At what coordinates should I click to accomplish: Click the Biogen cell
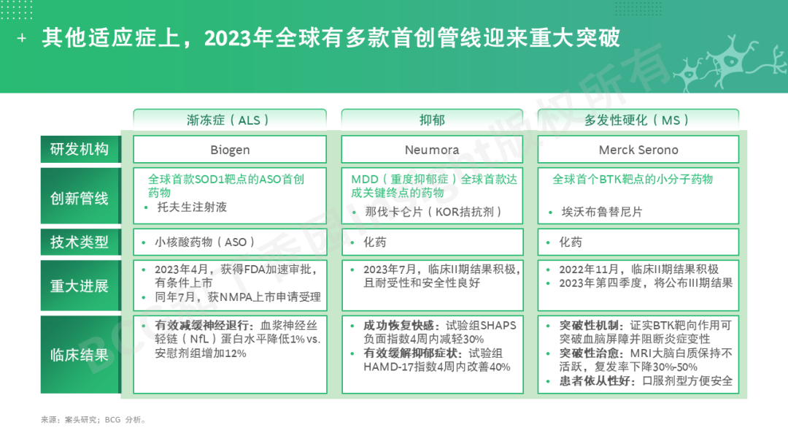click(x=230, y=150)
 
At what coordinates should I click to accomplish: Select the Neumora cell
click(x=432, y=150)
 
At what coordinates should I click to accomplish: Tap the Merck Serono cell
click(x=638, y=150)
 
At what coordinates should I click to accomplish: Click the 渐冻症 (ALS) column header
click(x=230, y=120)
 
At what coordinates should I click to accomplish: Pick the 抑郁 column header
click(x=432, y=120)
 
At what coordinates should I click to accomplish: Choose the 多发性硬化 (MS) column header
click(x=638, y=120)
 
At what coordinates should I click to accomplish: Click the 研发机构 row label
click(x=80, y=150)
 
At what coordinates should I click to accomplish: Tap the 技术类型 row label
click(x=80, y=242)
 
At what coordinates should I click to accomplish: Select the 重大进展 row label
click(x=80, y=286)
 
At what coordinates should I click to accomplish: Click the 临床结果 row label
click(x=80, y=354)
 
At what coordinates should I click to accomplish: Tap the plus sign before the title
click(x=22, y=38)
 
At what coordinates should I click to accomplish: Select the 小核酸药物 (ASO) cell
click(x=230, y=242)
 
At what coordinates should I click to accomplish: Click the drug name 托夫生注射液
click(x=192, y=207)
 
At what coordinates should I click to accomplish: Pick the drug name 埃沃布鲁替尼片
click(x=601, y=212)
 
